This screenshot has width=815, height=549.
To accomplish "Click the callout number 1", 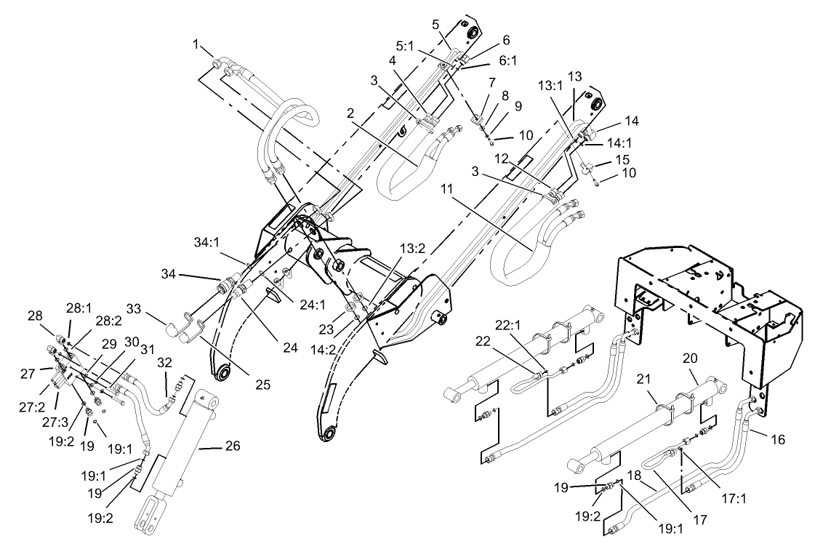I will (x=196, y=45).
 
